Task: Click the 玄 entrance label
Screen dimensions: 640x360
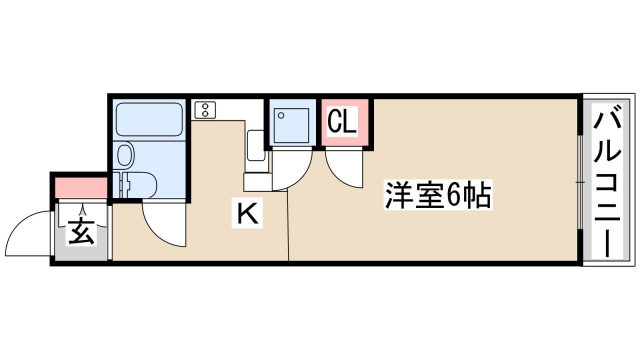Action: click(x=81, y=235)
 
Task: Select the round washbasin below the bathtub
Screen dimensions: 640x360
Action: click(x=125, y=155)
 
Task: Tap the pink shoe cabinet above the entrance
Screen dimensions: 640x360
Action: click(x=80, y=187)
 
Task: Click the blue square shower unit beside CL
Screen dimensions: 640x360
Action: click(x=293, y=123)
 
